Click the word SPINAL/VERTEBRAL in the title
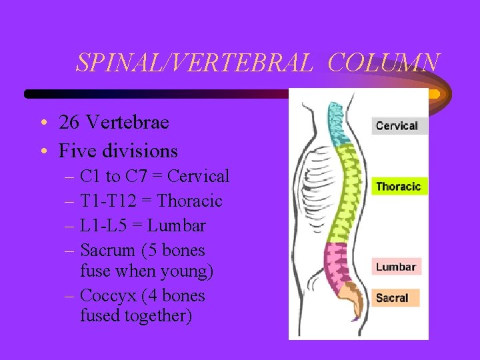click(x=194, y=63)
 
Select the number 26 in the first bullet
click(x=69, y=123)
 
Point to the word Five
click(x=78, y=151)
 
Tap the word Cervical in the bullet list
click(x=198, y=177)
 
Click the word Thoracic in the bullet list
click(x=190, y=201)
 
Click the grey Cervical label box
click(x=397, y=125)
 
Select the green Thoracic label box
click(x=398, y=186)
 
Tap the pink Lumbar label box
click(x=396, y=267)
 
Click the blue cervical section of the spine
click(x=337, y=123)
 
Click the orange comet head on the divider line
click(x=433, y=94)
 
